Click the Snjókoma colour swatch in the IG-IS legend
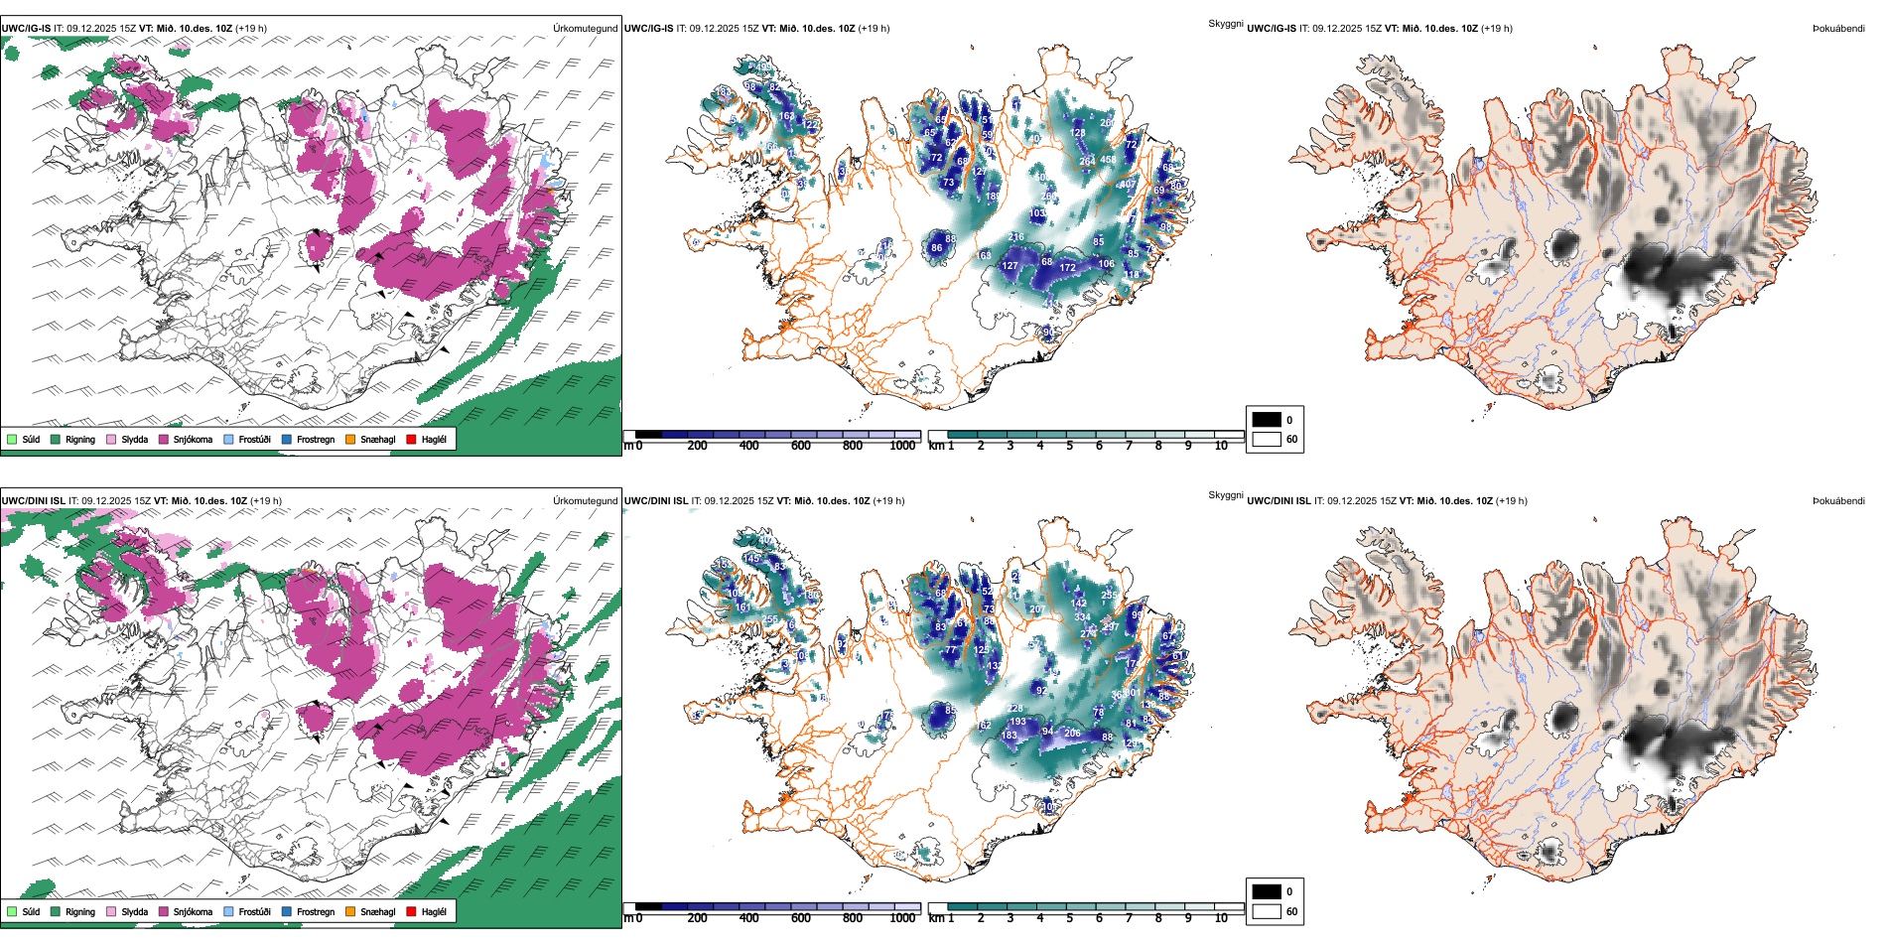[x=164, y=439]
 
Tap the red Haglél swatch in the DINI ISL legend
[x=411, y=911]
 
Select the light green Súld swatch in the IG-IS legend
[x=12, y=439]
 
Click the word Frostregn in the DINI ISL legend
[x=315, y=911]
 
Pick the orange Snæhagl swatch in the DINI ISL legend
[x=350, y=911]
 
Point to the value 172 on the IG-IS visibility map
[x=1067, y=267]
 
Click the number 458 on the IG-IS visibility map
[x=1108, y=160]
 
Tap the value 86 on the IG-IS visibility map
[x=936, y=248]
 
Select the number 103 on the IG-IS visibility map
[x=1037, y=213]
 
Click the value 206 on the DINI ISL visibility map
[x=1072, y=734]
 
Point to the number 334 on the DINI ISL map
[x=1082, y=616]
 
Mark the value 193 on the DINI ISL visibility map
[x=1017, y=722]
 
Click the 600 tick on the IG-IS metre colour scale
[x=800, y=446]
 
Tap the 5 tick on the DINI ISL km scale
[x=1069, y=918]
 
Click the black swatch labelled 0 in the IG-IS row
[x=1267, y=420]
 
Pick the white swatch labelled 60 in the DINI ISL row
[x=1267, y=911]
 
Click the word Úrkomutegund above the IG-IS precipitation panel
[x=585, y=29]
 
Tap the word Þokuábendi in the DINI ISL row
[x=1838, y=501]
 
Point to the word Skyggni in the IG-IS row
[x=1225, y=24]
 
